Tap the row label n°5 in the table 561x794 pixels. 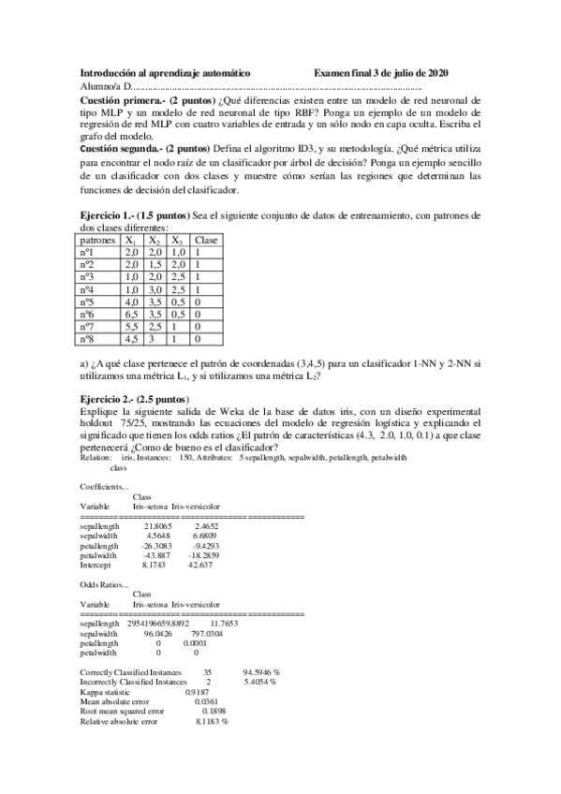(89, 302)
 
